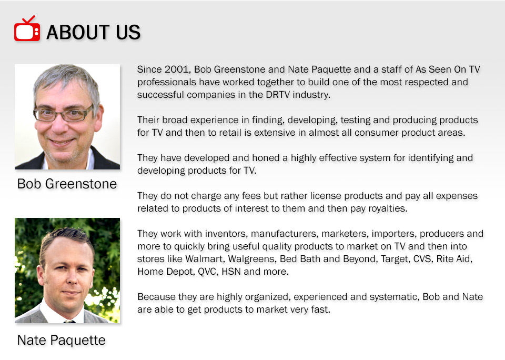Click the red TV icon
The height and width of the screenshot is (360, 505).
pos(27,28)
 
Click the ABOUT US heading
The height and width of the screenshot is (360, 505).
pos(94,32)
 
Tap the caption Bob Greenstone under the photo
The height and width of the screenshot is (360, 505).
pos(67,184)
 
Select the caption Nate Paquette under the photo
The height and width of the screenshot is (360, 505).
pos(61,341)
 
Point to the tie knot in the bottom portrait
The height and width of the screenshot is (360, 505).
pos(69,321)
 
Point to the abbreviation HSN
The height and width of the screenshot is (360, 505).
pos(231,272)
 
